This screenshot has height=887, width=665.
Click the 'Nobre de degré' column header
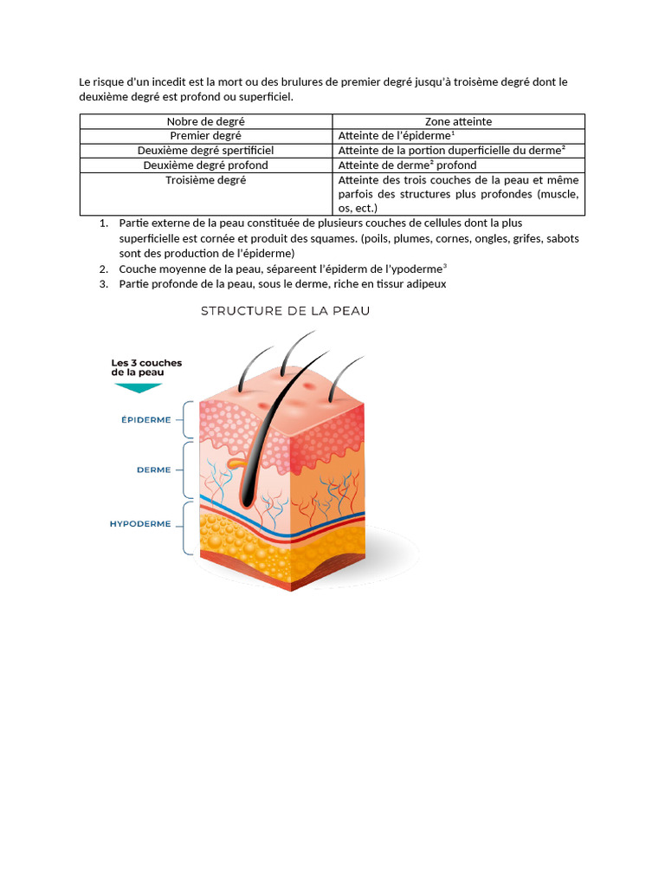pos(205,121)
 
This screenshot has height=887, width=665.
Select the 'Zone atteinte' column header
pos(458,121)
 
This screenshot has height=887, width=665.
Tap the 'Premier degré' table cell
pos(205,136)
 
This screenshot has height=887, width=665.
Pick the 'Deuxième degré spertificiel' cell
pos(205,151)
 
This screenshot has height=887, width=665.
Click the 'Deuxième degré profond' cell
pos(205,165)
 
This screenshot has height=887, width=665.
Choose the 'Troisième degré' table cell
pos(205,180)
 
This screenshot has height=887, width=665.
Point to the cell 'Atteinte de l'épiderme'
pos(395,136)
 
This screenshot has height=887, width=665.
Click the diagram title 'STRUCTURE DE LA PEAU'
pos(285,311)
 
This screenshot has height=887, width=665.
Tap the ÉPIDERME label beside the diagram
pos(145,419)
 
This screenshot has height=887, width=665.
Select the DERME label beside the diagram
pos(153,470)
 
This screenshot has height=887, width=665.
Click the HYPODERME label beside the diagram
pos(140,524)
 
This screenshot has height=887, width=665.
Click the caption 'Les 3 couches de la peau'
pos(146,367)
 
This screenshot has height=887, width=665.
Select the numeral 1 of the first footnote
pos(104,223)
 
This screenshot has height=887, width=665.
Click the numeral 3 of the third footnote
pos(104,283)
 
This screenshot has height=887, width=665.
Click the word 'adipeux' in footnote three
pos(427,283)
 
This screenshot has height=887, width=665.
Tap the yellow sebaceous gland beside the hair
pos(234,464)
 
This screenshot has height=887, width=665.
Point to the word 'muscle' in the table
pos(558,194)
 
